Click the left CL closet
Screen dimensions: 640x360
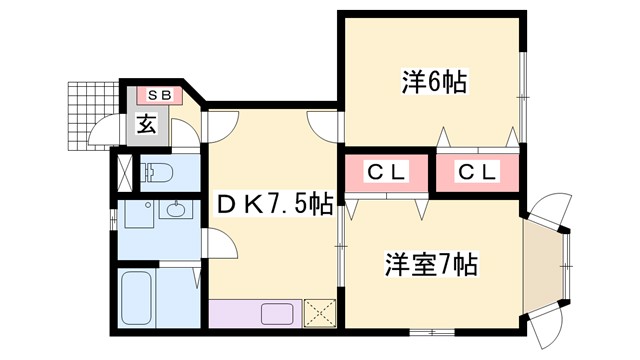coord(386,172)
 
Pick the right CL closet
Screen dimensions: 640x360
coord(478,172)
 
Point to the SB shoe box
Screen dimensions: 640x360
coord(160,96)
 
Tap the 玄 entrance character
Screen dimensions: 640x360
coord(146,125)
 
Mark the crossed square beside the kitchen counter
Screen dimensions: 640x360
coord(318,313)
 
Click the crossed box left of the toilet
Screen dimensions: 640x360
coord(124,173)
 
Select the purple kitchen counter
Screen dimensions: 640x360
coord(255,314)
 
